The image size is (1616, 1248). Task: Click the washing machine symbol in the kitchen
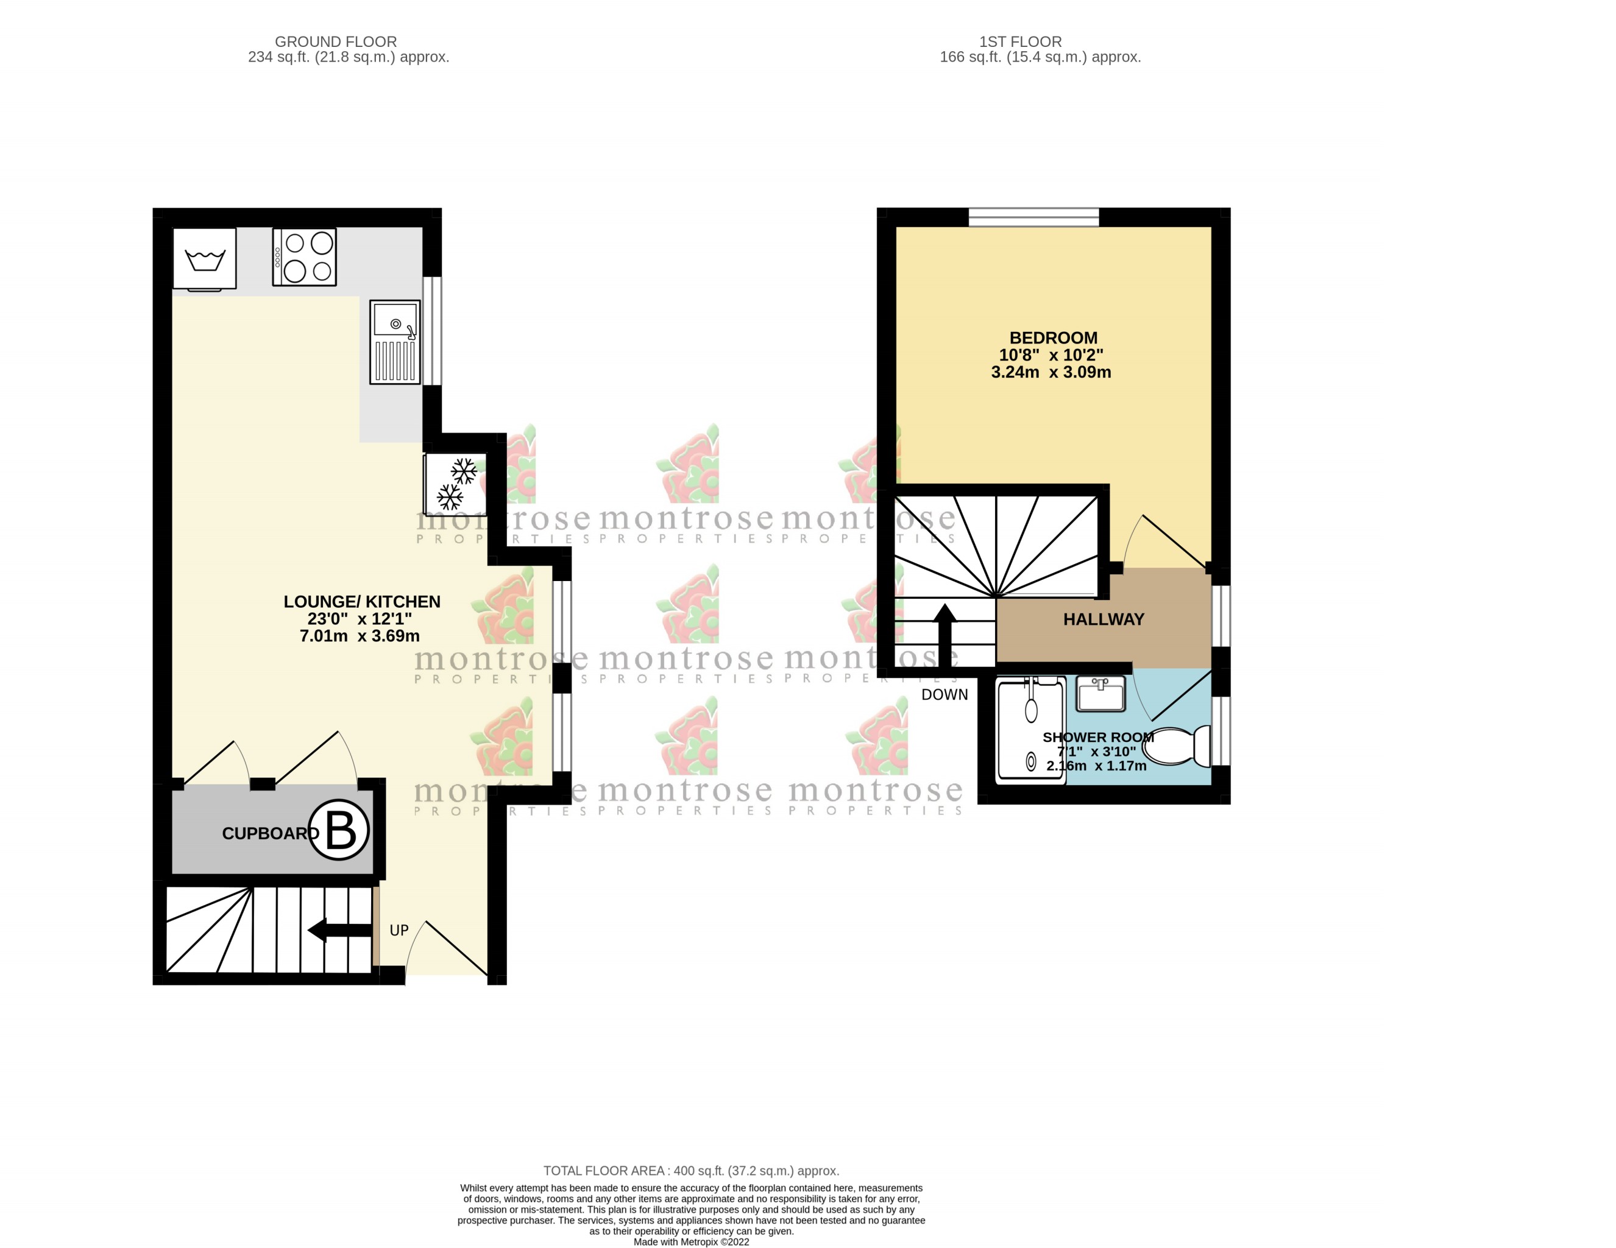pyautogui.click(x=204, y=258)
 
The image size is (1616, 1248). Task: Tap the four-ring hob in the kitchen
pyautogui.click(x=304, y=256)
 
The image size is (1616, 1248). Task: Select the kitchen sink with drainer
pyautogui.click(x=394, y=342)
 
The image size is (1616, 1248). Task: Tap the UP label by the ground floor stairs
pyautogui.click(x=399, y=931)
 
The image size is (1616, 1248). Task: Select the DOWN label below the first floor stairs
pyautogui.click(x=944, y=694)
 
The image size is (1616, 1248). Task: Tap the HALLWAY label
pyautogui.click(x=1103, y=620)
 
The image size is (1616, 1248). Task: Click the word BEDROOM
pyautogui.click(x=1053, y=338)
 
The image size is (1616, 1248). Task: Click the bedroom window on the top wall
pyautogui.click(x=1033, y=217)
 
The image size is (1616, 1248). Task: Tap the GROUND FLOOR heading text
pyautogui.click(x=336, y=42)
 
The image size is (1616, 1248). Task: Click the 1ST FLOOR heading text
pyautogui.click(x=1020, y=42)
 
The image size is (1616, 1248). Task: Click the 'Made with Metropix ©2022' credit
pyautogui.click(x=691, y=1242)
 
